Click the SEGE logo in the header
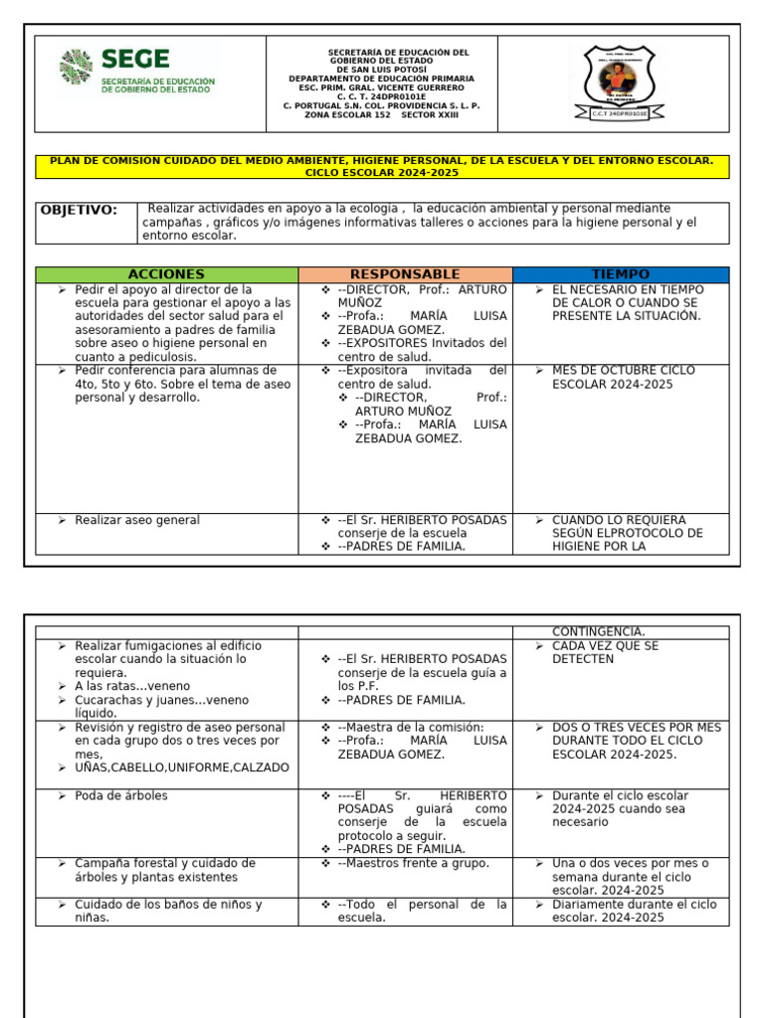pyautogui.click(x=137, y=72)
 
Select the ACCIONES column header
pyautogui.click(x=166, y=274)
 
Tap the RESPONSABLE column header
pyautogui.click(x=405, y=274)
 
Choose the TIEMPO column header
pyautogui.click(x=620, y=274)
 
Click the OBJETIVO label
pyautogui.click(x=79, y=210)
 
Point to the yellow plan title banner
pyautogui.click(x=382, y=166)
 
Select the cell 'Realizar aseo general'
pyautogui.click(x=137, y=520)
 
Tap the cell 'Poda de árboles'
pyautogui.click(x=121, y=795)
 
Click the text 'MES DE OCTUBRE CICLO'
pyautogui.click(x=624, y=370)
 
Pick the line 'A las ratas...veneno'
pyautogui.click(x=132, y=686)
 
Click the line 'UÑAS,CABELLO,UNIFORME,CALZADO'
pyautogui.click(x=182, y=767)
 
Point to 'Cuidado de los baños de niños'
pyautogui.click(x=168, y=905)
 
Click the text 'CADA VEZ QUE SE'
pyautogui.click(x=605, y=645)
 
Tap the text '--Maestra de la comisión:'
pyautogui.click(x=410, y=727)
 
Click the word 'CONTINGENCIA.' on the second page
pyautogui.click(x=598, y=631)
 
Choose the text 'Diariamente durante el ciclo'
pyautogui.click(x=634, y=905)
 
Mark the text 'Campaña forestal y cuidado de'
pyautogui.click(x=165, y=863)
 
